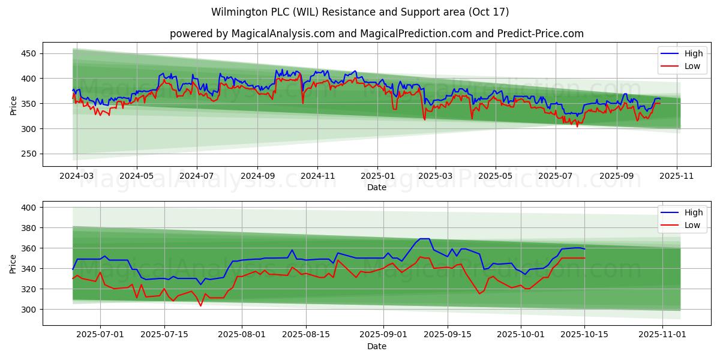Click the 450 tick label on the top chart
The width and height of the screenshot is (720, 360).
(x=29, y=53)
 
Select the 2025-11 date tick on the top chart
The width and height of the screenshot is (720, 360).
(x=677, y=176)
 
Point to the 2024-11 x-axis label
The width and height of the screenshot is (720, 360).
(x=317, y=176)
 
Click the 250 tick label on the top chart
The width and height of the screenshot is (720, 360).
(x=29, y=154)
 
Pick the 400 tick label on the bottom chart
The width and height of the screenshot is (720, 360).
(x=29, y=208)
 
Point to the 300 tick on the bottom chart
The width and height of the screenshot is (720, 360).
(x=29, y=310)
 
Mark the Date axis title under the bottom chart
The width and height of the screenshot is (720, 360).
(x=377, y=346)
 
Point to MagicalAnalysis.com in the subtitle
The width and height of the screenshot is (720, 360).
(x=283, y=34)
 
